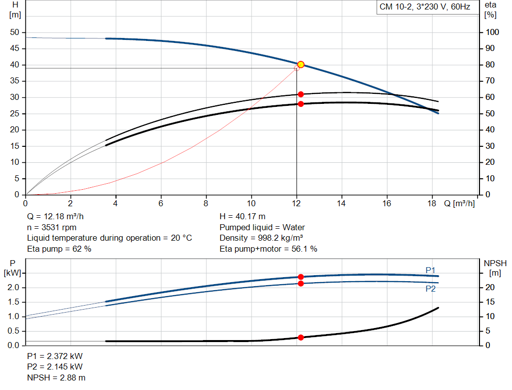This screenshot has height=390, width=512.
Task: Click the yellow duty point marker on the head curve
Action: click(300, 64)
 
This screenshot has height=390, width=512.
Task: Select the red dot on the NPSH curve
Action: click(300, 338)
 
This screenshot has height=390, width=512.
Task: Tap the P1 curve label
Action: click(430, 270)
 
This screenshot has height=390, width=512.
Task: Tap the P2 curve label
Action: click(430, 289)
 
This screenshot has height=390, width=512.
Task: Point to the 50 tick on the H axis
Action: click(14, 32)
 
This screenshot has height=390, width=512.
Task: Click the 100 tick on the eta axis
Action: click(492, 32)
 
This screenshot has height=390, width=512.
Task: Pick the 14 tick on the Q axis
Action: click(342, 203)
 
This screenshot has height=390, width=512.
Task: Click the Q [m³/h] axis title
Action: click(459, 203)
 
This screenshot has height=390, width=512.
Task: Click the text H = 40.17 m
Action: click(243, 217)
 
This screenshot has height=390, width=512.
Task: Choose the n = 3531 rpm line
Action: click(51, 227)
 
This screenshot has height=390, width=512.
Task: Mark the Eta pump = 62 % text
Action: click(59, 248)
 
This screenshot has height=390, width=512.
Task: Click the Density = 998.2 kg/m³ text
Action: click(261, 238)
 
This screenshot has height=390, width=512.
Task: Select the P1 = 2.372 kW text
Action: click(55, 357)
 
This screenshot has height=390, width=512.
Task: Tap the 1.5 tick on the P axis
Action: click(13, 302)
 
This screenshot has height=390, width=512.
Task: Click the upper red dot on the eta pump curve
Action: click(300, 94)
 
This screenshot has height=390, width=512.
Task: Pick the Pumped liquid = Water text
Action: click(262, 227)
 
